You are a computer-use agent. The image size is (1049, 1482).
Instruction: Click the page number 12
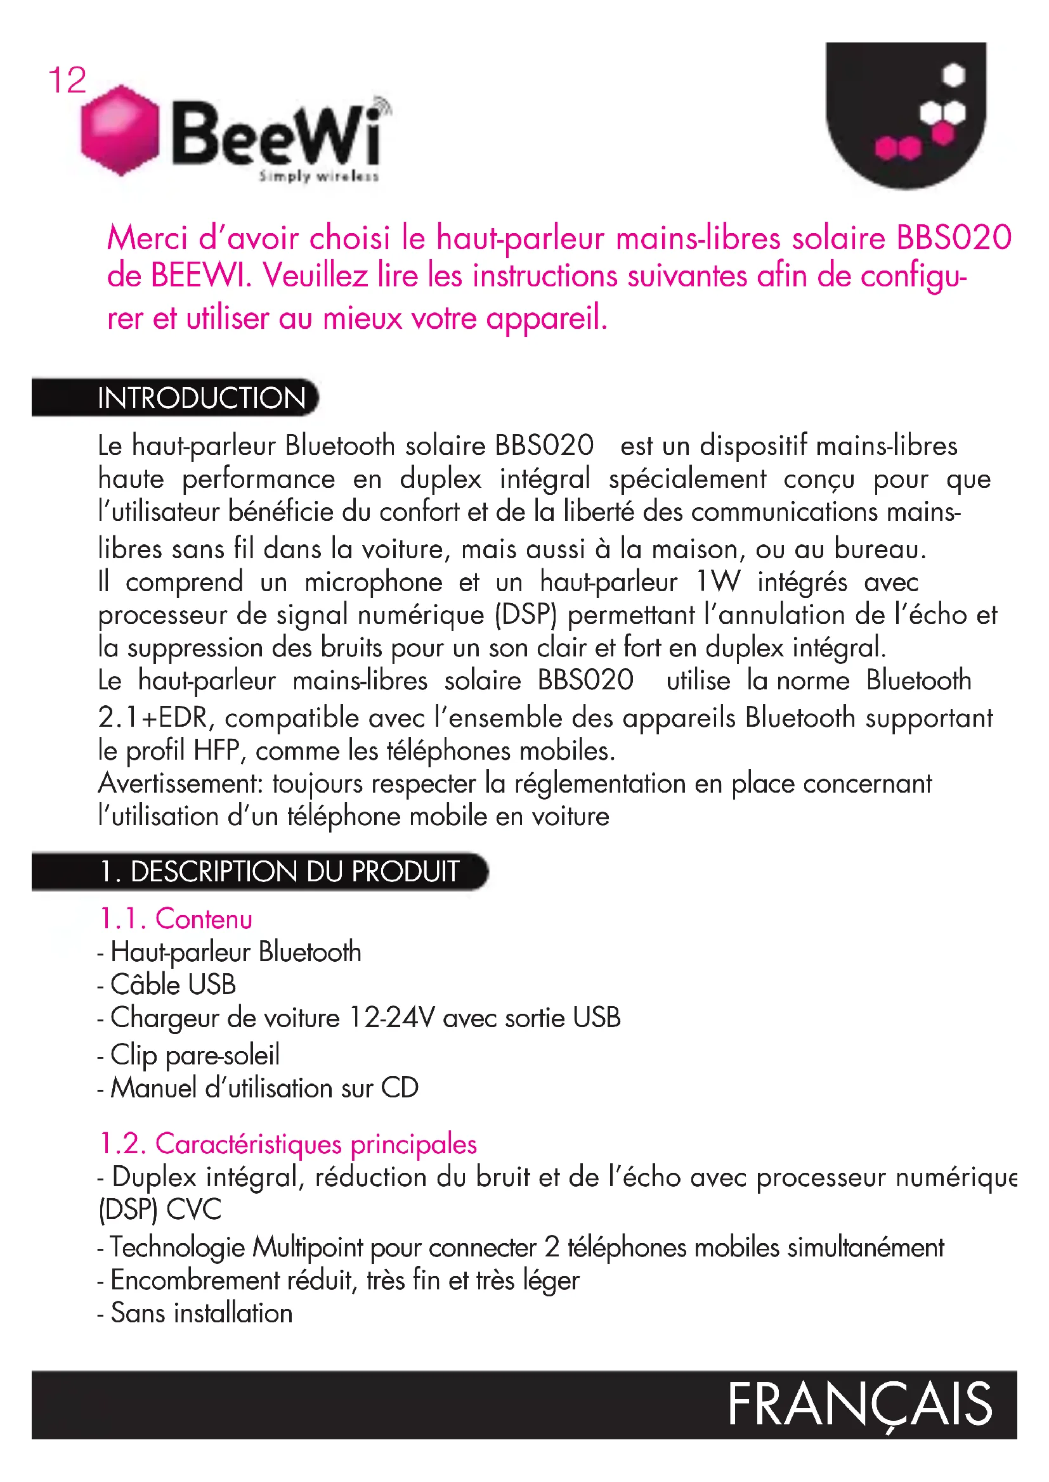(67, 80)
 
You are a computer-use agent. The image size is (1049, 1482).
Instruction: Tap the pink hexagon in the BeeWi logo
(120, 130)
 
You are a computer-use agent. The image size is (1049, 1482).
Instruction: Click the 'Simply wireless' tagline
(318, 176)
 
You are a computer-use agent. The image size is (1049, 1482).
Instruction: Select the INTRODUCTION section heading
(202, 399)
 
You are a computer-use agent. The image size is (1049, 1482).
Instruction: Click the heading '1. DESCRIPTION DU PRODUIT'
(279, 871)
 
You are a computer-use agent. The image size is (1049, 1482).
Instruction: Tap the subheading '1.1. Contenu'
(176, 919)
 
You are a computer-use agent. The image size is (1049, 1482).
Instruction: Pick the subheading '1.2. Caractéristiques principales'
(288, 1144)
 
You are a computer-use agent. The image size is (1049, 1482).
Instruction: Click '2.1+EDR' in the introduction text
(152, 718)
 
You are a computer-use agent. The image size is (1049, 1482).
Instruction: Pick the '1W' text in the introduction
(718, 582)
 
